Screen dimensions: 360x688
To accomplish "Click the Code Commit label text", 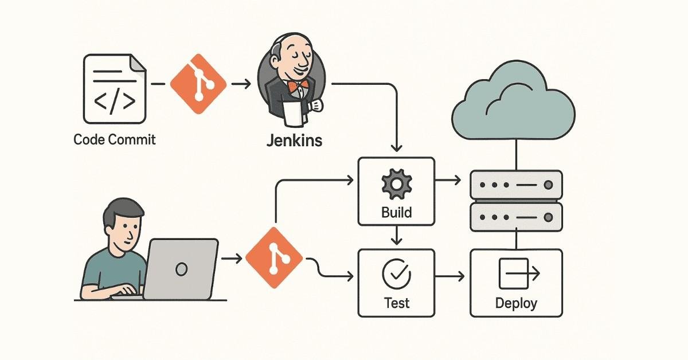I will (x=115, y=139).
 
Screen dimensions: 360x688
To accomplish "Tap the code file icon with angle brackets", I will (x=114, y=88).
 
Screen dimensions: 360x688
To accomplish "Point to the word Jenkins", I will (x=294, y=140).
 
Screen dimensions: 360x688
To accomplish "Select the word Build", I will (x=396, y=213).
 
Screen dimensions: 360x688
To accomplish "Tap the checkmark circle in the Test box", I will (x=396, y=273).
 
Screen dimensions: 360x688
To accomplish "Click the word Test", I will (x=396, y=302).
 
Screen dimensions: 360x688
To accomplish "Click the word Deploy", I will (x=516, y=303).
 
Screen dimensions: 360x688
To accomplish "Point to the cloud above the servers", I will (x=513, y=106).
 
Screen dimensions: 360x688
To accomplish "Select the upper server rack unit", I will (x=516, y=185).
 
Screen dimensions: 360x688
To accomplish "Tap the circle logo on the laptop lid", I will (x=182, y=268).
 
